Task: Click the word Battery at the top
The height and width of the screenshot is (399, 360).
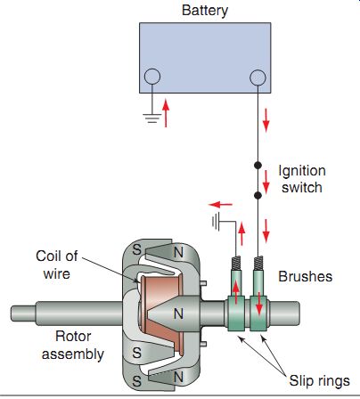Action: [205, 11]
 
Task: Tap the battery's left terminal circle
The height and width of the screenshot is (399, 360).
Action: [152, 77]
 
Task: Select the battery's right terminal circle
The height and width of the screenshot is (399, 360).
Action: [258, 77]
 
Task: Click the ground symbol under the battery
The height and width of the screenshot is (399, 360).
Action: [152, 118]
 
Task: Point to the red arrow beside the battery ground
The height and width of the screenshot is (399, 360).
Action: [166, 113]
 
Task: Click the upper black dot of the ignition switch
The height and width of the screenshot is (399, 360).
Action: [258, 165]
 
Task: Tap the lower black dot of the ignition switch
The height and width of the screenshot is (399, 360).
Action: [258, 195]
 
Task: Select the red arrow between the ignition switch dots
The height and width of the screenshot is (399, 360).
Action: [266, 182]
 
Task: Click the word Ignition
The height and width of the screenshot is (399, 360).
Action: [302, 171]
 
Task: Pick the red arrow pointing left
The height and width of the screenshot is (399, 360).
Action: [221, 205]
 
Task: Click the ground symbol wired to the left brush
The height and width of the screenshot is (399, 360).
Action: [216, 222]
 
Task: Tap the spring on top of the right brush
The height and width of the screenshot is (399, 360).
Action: [258, 263]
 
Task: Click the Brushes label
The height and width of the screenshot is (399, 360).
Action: [306, 277]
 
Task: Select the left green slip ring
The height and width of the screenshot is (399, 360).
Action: [236, 313]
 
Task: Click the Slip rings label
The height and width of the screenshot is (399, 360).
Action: [320, 381]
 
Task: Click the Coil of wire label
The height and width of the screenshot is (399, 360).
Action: [57, 265]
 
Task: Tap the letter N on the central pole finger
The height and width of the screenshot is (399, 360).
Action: [178, 313]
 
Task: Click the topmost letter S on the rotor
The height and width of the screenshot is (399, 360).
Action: [136, 249]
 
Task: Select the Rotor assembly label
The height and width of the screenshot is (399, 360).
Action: [73, 346]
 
